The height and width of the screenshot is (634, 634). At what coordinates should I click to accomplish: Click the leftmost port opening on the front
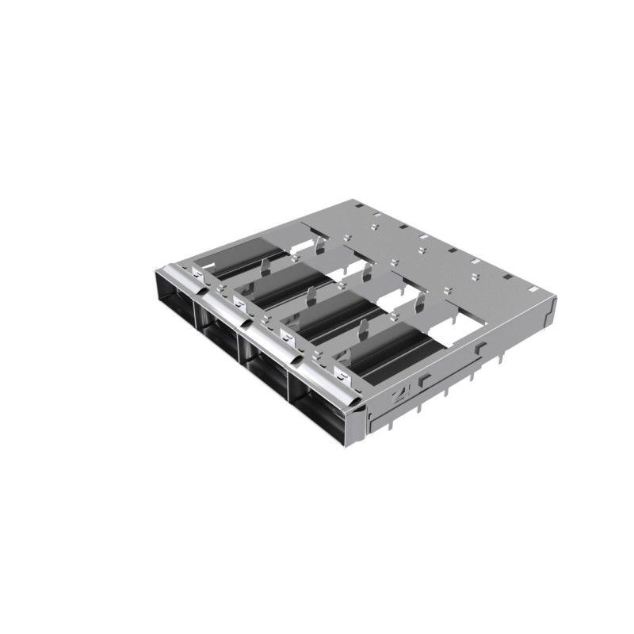point(176,301)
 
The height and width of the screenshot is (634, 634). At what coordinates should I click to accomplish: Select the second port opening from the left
point(222,334)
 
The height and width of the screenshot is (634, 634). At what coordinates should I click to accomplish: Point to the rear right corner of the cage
point(554,301)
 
